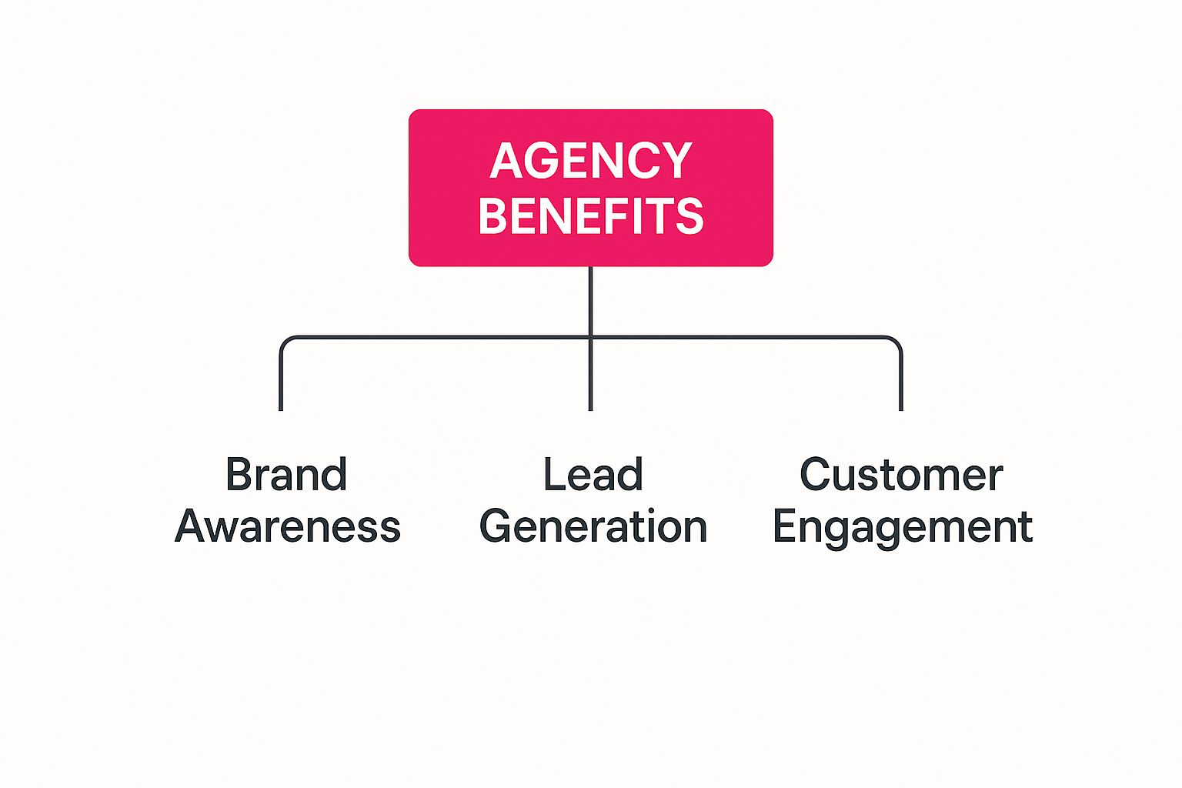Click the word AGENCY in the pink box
click(591, 161)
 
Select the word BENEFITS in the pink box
click(591, 215)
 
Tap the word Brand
click(286, 474)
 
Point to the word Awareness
click(288, 526)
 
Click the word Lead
click(593, 474)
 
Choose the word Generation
click(593, 526)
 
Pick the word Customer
click(901, 474)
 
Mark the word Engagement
click(902, 528)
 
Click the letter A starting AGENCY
click(506, 161)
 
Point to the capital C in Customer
click(816, 474)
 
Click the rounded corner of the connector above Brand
click(285, 341)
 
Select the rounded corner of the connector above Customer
click(896, 341)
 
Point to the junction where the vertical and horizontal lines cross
click(590, 337)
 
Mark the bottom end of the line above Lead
click(590, 408)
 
